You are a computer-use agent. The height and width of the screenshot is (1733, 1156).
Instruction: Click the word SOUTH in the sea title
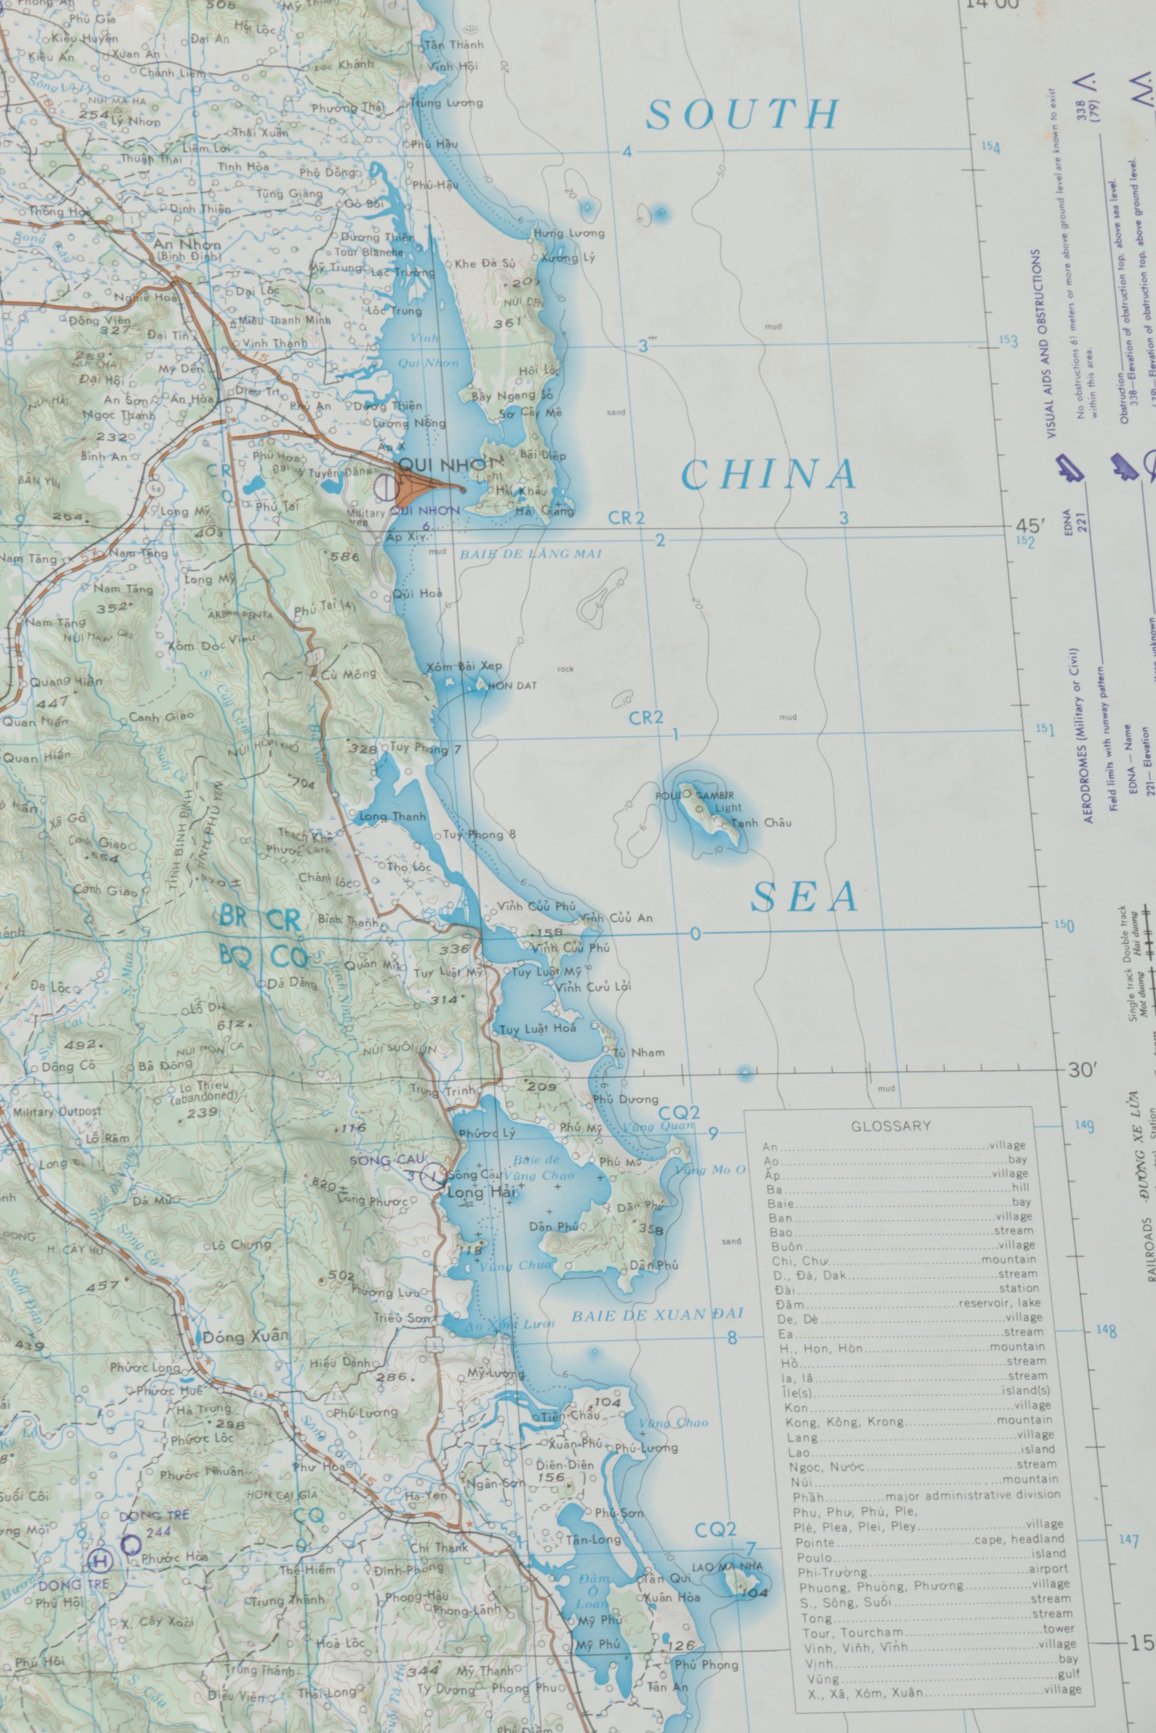click(742, 115)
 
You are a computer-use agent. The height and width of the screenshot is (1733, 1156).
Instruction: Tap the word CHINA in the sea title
click(769, 475)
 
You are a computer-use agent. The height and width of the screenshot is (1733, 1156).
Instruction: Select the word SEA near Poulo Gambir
click(804, 897)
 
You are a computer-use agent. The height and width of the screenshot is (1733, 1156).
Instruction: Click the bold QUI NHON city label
click(450, 465)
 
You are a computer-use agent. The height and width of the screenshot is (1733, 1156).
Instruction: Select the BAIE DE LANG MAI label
click(531, 554)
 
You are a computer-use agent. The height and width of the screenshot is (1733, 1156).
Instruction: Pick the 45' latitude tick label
click(1031, 526)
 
